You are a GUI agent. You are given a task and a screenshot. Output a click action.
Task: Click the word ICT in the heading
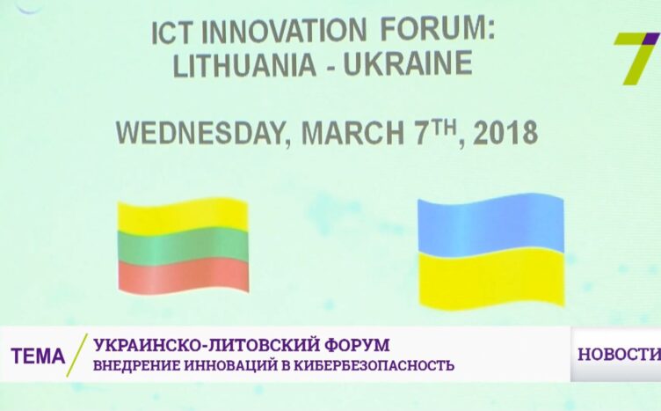pyautogui.click(x=173, y=33)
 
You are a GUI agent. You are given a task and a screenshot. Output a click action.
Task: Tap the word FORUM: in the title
pyautogui.click(x=437, y=29)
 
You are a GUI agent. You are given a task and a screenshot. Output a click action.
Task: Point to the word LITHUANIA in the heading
pyautogui.click(x=244, y=65)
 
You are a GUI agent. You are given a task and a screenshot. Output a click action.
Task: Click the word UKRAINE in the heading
pyautogui.click(x=408, y=63)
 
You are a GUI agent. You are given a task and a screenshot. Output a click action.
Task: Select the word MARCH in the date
pyautogui.click(x=352, y=133)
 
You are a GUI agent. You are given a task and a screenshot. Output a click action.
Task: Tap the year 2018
pyautogui.click(x=506, y=132)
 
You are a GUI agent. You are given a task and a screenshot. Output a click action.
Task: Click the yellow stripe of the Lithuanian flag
pyautogui.click(x=183, y=215)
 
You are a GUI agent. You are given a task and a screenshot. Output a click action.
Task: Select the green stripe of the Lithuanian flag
pyautogui.click(x=183, y=245)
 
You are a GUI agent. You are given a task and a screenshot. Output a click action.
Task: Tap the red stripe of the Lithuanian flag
pyautogui.click(x=184, y=275)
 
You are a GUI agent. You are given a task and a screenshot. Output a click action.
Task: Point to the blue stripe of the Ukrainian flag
pyautogui.click(x=490, y=224)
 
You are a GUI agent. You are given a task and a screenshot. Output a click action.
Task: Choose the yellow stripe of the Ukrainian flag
pyautogui.click(x=491, y=277)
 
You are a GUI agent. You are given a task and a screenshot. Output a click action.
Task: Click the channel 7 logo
pyautogui.click(x=636, y=58)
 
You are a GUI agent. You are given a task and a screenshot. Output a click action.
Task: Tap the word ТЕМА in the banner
pyautogui.click(x=39, y=356)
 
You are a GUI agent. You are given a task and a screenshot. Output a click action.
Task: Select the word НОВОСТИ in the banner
pyautogui.click(x=619, y=354)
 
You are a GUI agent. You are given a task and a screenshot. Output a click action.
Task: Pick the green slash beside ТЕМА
pyautogui.click(x=76, y=355)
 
